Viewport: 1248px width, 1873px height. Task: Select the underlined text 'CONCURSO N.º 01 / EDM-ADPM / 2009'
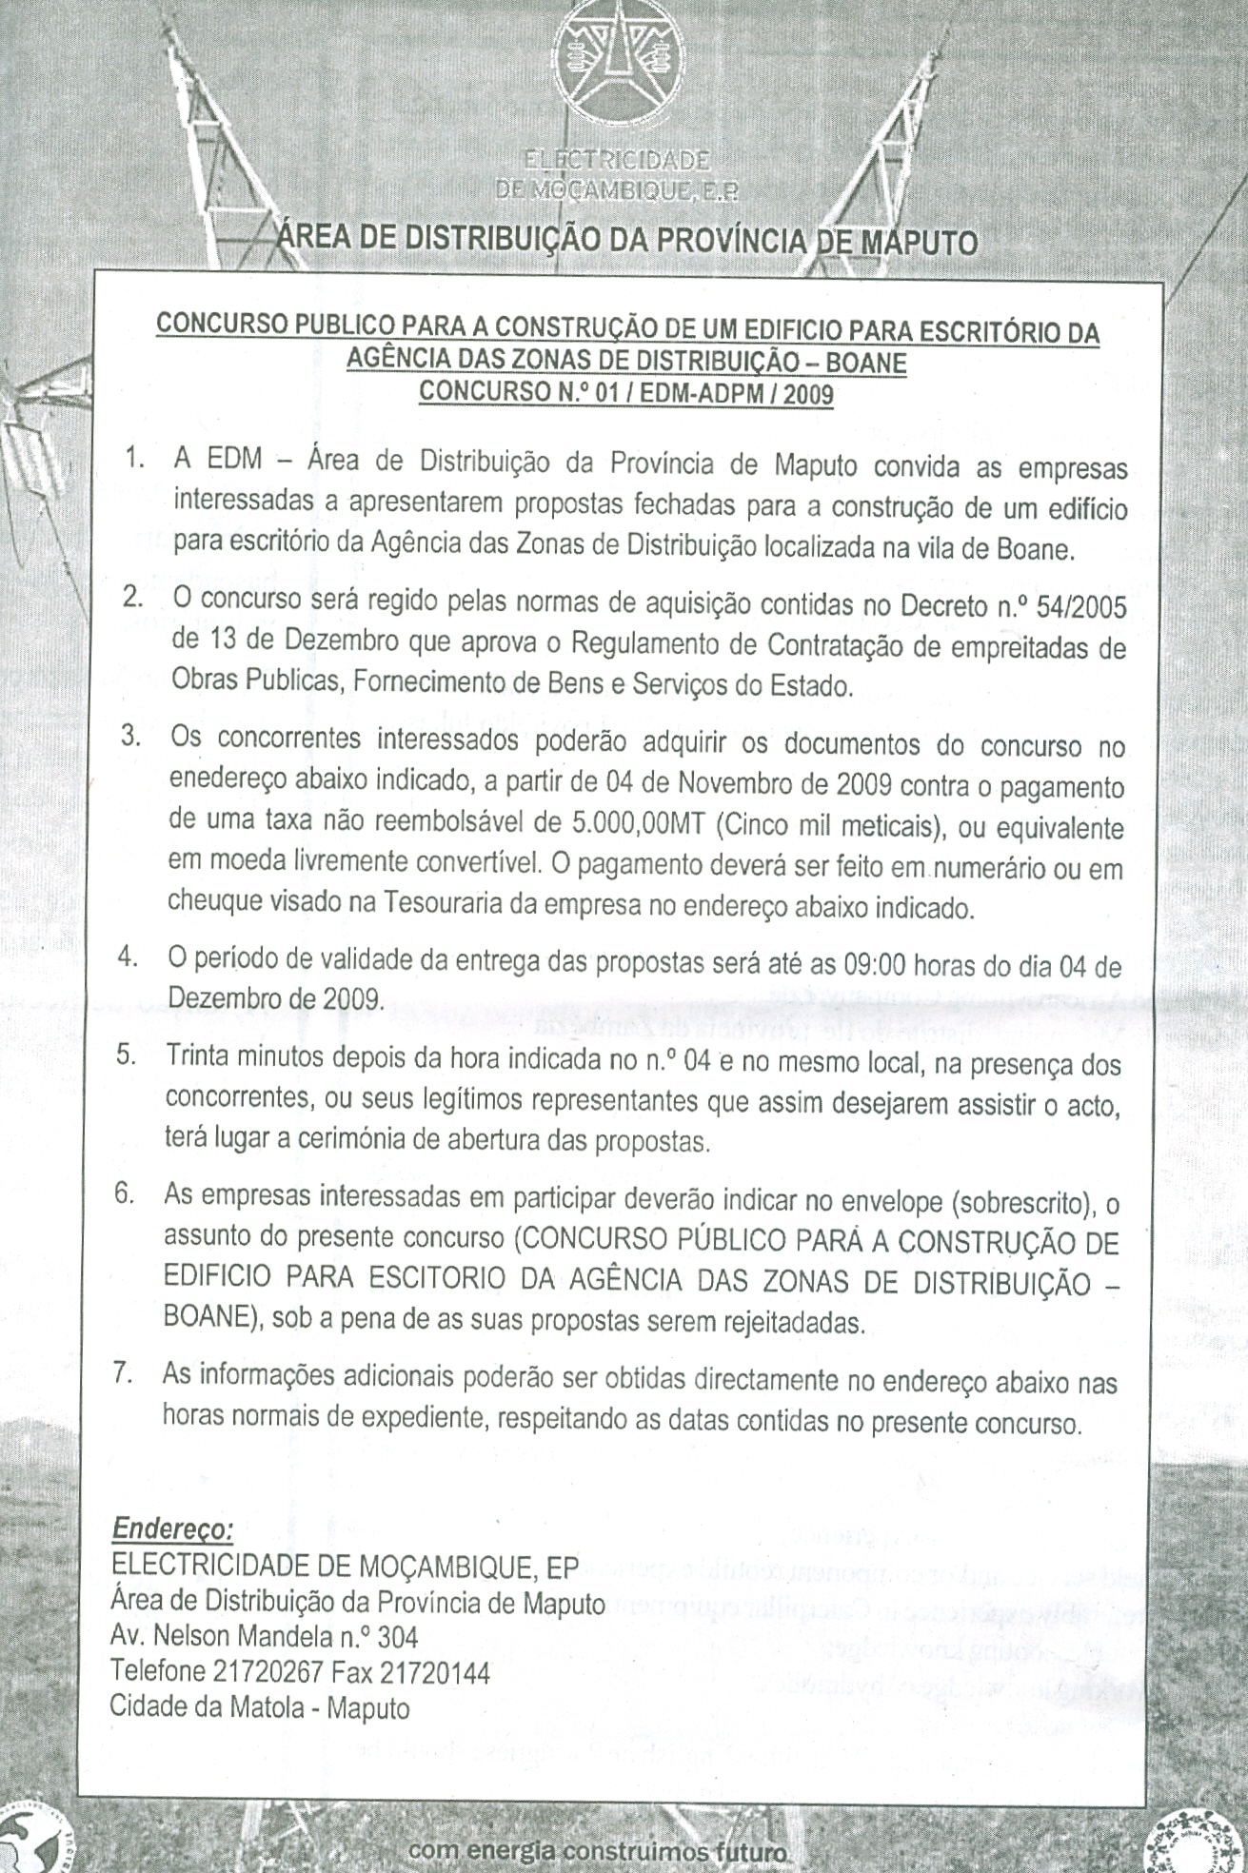pyautogui.click(x=626, y=391)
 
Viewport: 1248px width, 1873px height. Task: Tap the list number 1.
pyautogui.click(x=134, y=459)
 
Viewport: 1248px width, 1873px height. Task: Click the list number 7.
pyautogui.click(x=122, y=1374)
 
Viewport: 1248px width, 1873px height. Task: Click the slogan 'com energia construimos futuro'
pyautogui.click(x=598, y=1851)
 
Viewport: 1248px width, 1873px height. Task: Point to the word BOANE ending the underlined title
pyautogui.click(x=866, y=363)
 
